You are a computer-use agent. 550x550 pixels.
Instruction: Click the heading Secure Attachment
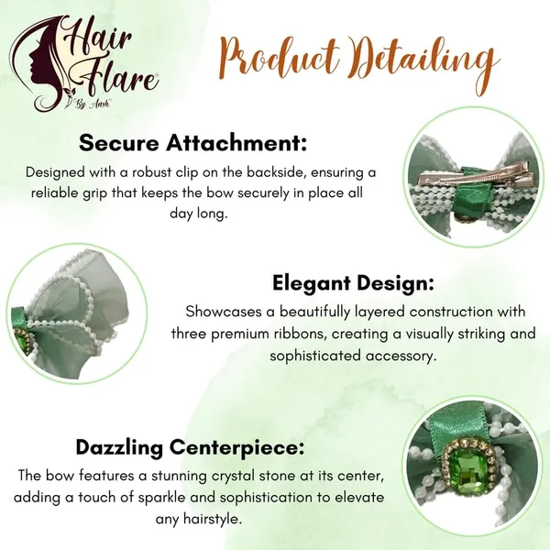pyautogui.click(x=192, y=143)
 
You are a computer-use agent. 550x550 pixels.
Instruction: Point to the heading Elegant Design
pyautogui.click(x=353, y=283)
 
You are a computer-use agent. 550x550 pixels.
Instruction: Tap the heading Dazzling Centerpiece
pyautogui.click(x=190, y=447)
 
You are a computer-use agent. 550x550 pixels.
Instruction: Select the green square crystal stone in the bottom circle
pyautogui.click(x=467, y=469)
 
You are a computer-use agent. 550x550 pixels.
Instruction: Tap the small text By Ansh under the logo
pyautogui.click(x=92, y=104)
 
